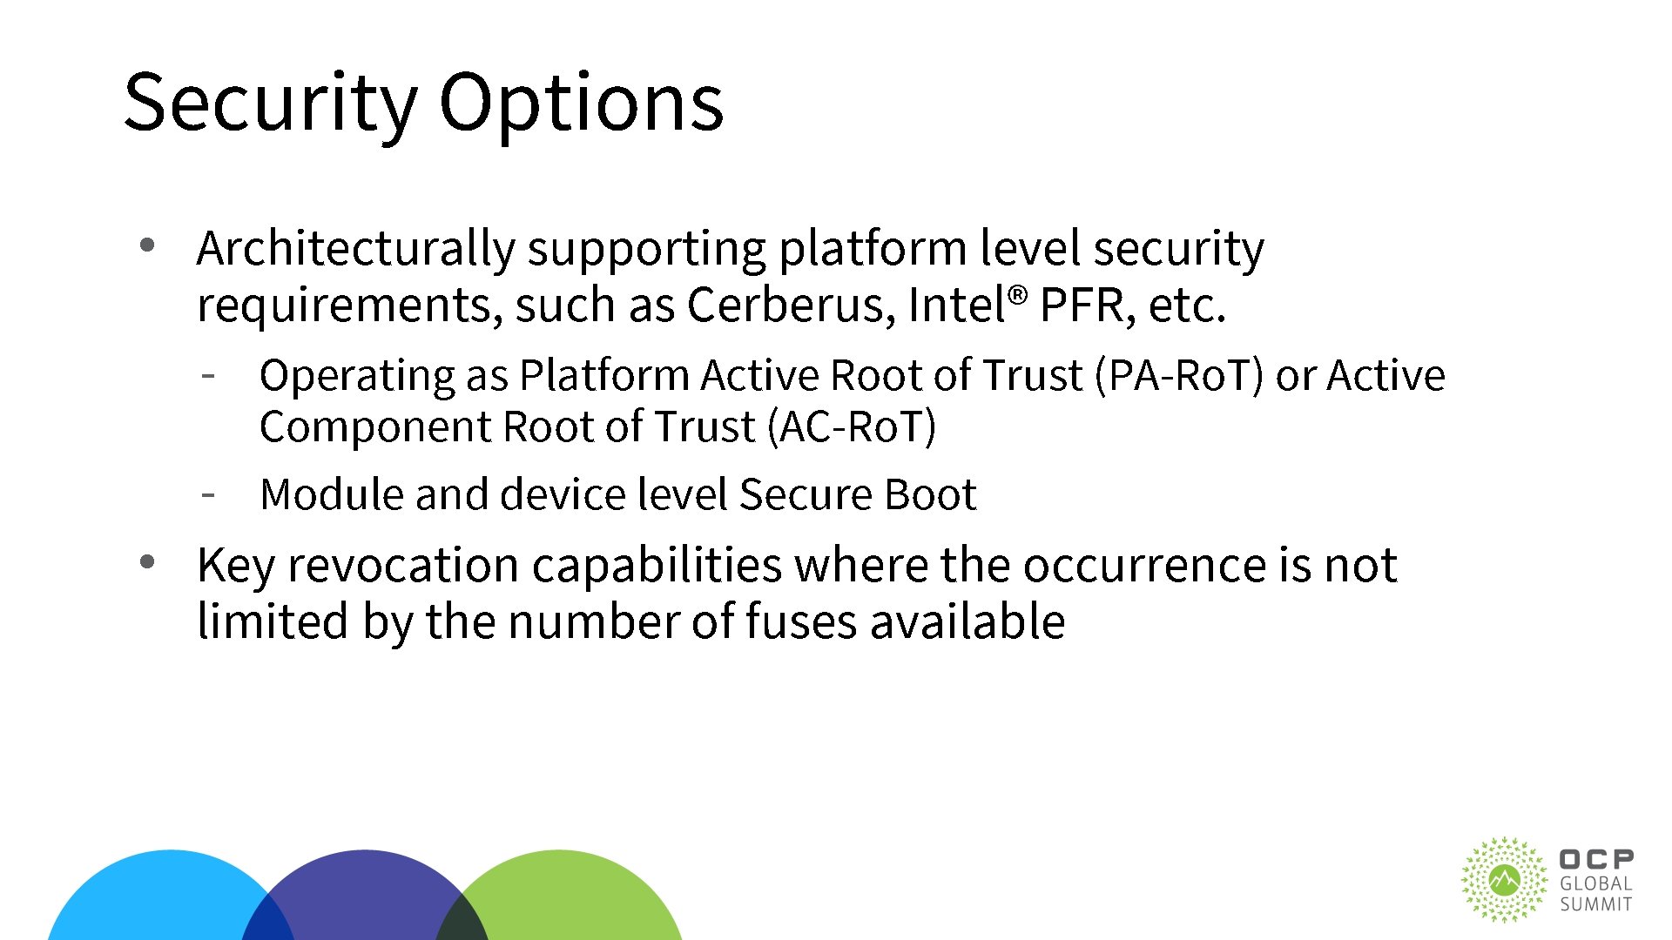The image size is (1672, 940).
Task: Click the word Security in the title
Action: [270, 103]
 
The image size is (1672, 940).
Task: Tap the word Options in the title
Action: [581, 103]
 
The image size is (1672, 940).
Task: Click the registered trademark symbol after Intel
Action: [1017, 295]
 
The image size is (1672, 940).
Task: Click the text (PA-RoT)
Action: [1179, 375]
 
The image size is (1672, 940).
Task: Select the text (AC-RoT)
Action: [852, 426]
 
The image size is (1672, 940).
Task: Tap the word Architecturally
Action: [356, 249]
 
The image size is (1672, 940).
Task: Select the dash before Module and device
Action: [207, 493]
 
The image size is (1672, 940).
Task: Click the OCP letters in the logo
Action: [1596, 860]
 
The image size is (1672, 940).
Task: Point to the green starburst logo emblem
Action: [1504, 880]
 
